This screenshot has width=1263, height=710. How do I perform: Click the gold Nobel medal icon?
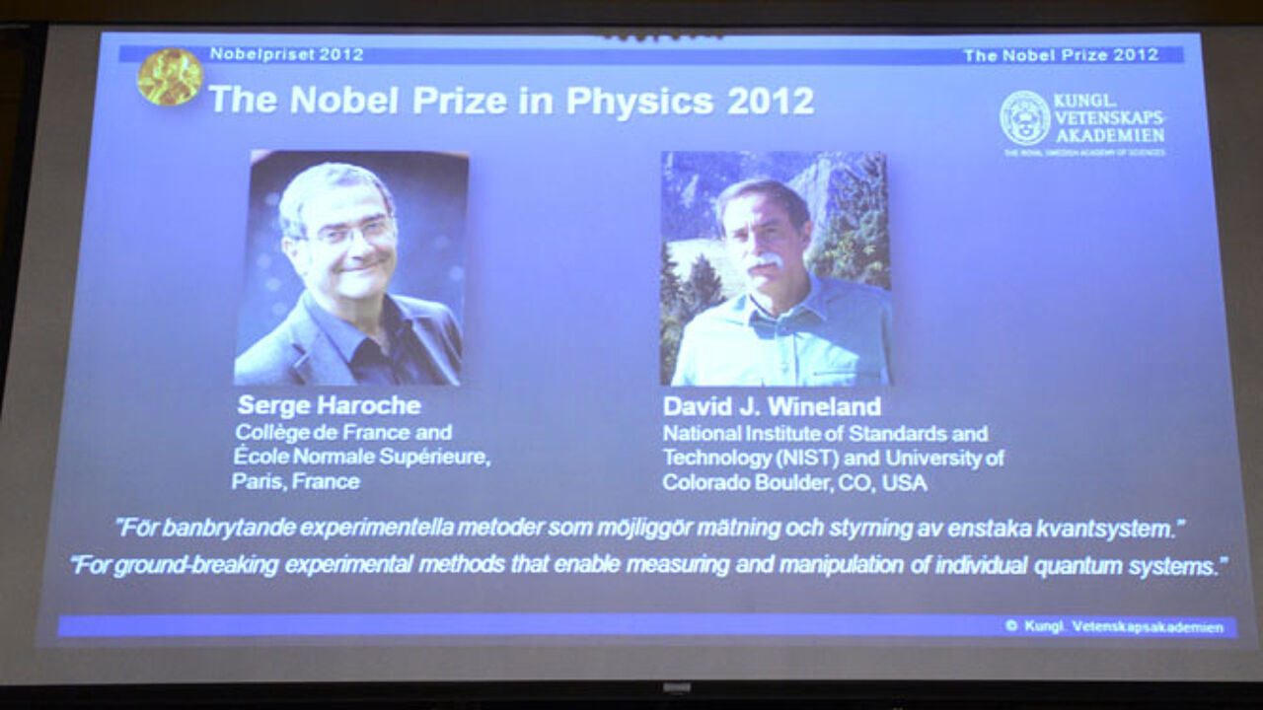tap(170, 77)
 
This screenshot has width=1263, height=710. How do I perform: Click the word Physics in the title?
tap(640, 102)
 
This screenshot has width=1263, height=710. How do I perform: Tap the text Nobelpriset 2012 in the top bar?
tap(286, 54)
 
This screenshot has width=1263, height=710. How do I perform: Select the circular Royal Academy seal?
tap(1025, 119)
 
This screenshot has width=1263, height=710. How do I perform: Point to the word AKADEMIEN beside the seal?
tap(1110, 135)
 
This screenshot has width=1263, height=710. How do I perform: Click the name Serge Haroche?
tap(330, 405)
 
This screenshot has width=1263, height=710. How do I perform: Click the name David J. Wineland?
tap(772, 407)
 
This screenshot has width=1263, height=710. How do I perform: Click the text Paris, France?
tap(295, 482)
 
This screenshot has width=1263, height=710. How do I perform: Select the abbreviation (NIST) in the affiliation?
tap(807, 459)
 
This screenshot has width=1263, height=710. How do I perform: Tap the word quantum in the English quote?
tap(1077, 566)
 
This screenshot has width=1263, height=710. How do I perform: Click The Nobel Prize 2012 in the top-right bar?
tap(1061, 55)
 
